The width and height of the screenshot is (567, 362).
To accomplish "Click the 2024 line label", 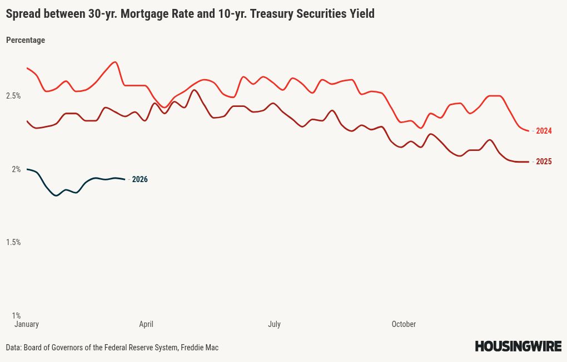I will [x=544, y=131].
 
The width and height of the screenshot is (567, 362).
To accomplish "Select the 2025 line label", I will [x=544, y=162].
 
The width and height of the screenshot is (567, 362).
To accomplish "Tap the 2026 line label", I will [x=140, y=179].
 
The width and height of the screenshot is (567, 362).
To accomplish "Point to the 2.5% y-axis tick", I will [x=13, y=96].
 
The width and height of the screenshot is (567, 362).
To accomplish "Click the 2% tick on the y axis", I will [x=16, y=169].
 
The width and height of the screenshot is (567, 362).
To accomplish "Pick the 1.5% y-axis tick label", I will [x=13, y=242].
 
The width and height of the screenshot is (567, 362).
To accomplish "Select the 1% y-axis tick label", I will [x=16, y=315].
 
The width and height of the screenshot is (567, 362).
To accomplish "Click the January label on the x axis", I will [x=26, y=324].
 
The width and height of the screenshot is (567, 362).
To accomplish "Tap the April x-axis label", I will [x=146, y=324].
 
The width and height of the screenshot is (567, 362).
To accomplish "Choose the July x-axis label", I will [x=274, y=324].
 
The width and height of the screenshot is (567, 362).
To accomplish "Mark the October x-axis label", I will [x=404, y=324].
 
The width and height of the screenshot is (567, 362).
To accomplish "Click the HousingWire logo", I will [x=518, y=346].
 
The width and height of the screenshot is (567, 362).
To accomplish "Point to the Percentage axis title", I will [x=26, y=40].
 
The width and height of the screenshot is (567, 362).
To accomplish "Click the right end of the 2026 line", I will [x=125, y=179].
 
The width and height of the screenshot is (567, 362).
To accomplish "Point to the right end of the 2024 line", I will [x=529, y=131].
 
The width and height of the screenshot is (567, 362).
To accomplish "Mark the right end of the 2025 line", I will [x=529, y=162].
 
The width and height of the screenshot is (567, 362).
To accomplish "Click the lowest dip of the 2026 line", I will [x=56, y=195].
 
